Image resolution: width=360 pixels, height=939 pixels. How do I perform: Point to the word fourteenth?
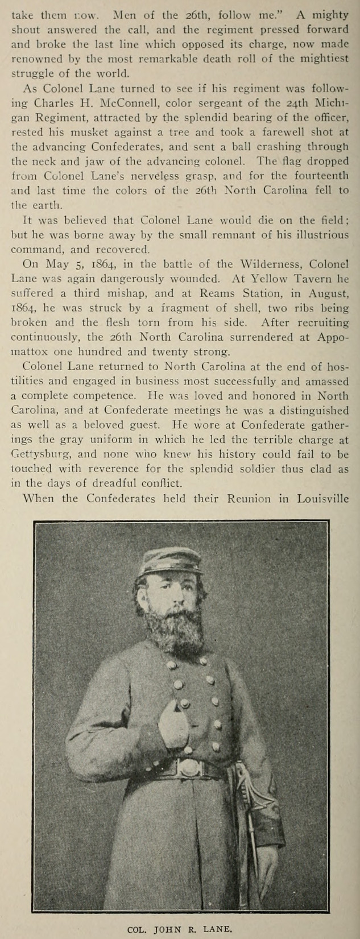(x=316, y=176)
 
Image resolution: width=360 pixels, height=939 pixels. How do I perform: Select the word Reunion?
(x=249, y=499)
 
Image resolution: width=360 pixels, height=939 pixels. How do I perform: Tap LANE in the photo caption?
(x=217, y=929)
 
